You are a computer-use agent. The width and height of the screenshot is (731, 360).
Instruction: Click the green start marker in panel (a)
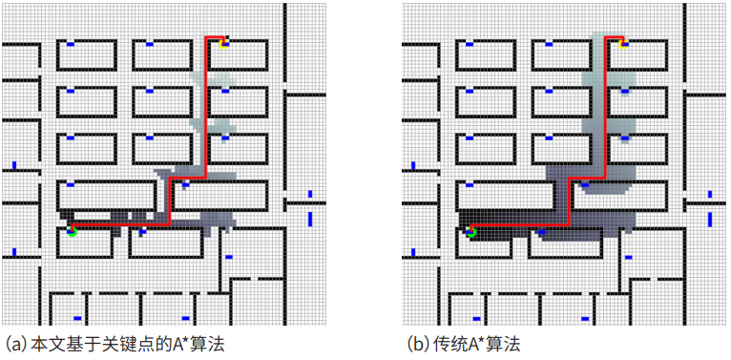72,231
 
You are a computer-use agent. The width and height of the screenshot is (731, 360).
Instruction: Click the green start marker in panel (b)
470,231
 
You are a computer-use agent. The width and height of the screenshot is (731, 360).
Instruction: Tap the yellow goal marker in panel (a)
223,42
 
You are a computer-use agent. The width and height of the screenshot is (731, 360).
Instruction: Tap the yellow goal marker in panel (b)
622,42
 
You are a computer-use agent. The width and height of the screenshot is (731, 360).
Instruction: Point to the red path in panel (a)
205,115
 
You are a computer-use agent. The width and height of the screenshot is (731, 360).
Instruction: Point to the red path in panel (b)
605,115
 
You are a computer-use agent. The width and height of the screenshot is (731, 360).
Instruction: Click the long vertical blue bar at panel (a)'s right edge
310,218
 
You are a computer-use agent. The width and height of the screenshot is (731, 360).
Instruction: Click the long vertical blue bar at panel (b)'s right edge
709,218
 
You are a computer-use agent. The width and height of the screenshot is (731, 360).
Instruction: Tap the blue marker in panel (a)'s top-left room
71,44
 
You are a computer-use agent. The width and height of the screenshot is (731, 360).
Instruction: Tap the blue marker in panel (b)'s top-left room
470,44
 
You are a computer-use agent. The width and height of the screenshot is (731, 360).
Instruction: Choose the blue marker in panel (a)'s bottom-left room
76,318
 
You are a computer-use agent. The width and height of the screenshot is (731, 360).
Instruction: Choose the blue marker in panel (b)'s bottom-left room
475,318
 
